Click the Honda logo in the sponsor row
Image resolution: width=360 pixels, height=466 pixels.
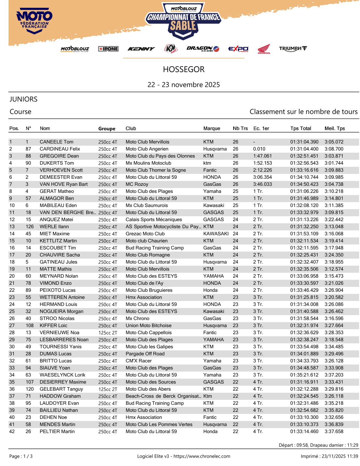[264, 49]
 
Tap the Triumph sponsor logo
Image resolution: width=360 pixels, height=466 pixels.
[293, 49]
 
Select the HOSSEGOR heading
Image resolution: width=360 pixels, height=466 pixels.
[184, 69]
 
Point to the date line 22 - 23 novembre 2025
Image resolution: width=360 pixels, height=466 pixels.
[184, 85]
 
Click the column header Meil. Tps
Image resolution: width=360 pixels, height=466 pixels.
[334, 128]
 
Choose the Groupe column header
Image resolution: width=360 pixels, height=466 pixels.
[107, 129]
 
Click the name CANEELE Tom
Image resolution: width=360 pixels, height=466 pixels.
[56, 142]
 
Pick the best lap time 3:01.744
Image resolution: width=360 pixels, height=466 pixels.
[334, 163]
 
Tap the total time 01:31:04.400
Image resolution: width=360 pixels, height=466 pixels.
[304, 149]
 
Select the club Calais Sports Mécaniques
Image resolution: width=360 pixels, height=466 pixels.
[154, 219]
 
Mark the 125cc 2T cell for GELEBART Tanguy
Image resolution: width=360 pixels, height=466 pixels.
[108, 389]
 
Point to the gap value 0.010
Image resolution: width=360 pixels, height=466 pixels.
[259, 149]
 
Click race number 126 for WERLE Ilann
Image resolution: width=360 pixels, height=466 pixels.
[29, 227]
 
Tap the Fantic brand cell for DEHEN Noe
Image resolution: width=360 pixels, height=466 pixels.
[210, 417]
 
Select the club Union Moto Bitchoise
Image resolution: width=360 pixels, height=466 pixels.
[149, 325]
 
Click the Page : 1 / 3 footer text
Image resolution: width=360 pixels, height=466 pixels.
[21, 456]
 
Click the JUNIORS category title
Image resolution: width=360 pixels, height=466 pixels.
[24, 99]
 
